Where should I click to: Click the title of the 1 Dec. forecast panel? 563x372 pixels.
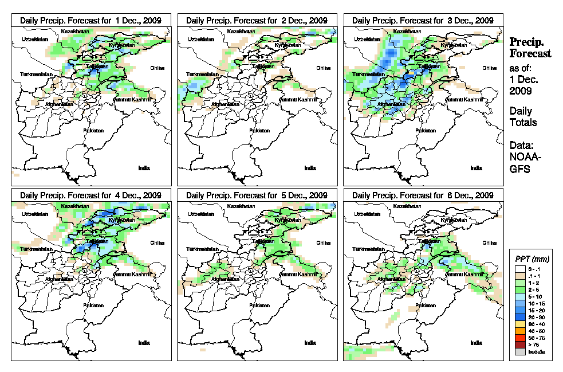point(90,20)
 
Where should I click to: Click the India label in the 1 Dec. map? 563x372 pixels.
point(144,167)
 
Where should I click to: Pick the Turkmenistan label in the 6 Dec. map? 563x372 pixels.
point(366,250)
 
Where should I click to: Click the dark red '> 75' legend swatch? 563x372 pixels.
point(520,344)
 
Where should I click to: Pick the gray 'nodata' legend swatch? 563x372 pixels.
point(520,351)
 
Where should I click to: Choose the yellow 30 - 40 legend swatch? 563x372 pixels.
point(520,324)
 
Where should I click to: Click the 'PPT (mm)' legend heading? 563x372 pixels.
point(531,260)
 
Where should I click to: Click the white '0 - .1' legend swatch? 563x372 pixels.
point(520,268)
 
